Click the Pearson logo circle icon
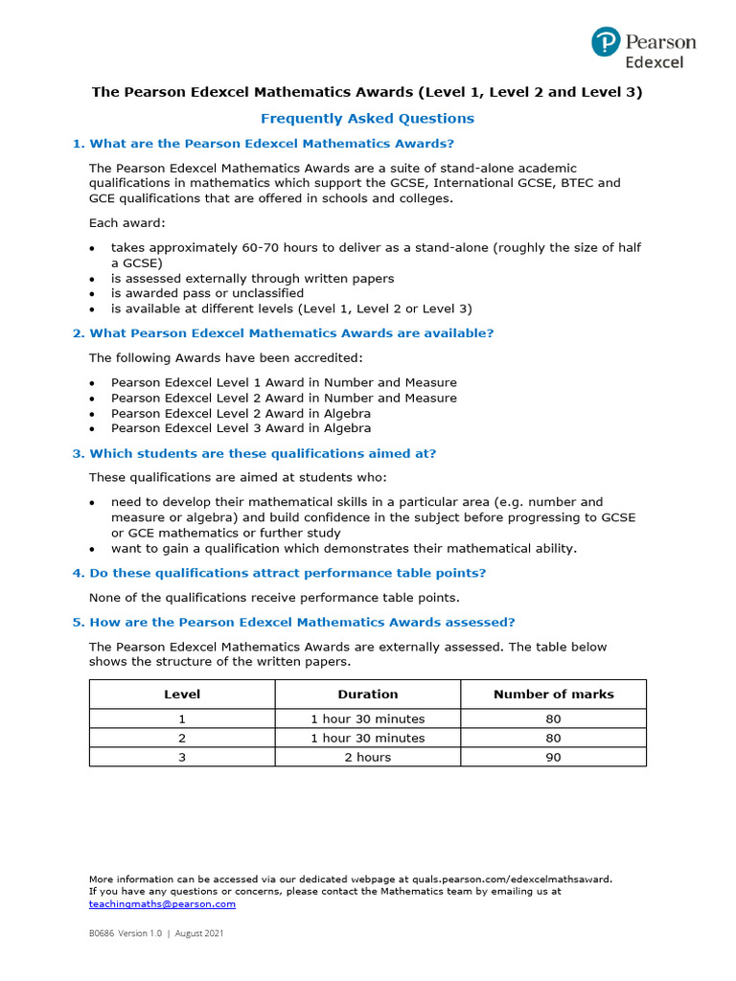tap(606, 43)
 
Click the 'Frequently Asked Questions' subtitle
tap(367, 119)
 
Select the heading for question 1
tap(263, 144)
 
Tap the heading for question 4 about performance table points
tap(279, 573)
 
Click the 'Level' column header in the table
tap(182, 694)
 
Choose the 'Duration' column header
tap(367, 694)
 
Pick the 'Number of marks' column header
tap(553, 694)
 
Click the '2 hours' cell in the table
tap(367, 757)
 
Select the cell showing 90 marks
tap(553, 757)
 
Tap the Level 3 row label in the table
tap(182, 757)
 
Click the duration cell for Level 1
tap(367, 719)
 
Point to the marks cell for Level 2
tap(553, 738)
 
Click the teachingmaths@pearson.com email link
tap(162, 903)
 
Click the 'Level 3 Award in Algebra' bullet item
tap(241, 428)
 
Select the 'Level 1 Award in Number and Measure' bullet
tap(284, 382)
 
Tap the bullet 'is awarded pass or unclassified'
tap(207, 293)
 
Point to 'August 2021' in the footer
tap(200, 933)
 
